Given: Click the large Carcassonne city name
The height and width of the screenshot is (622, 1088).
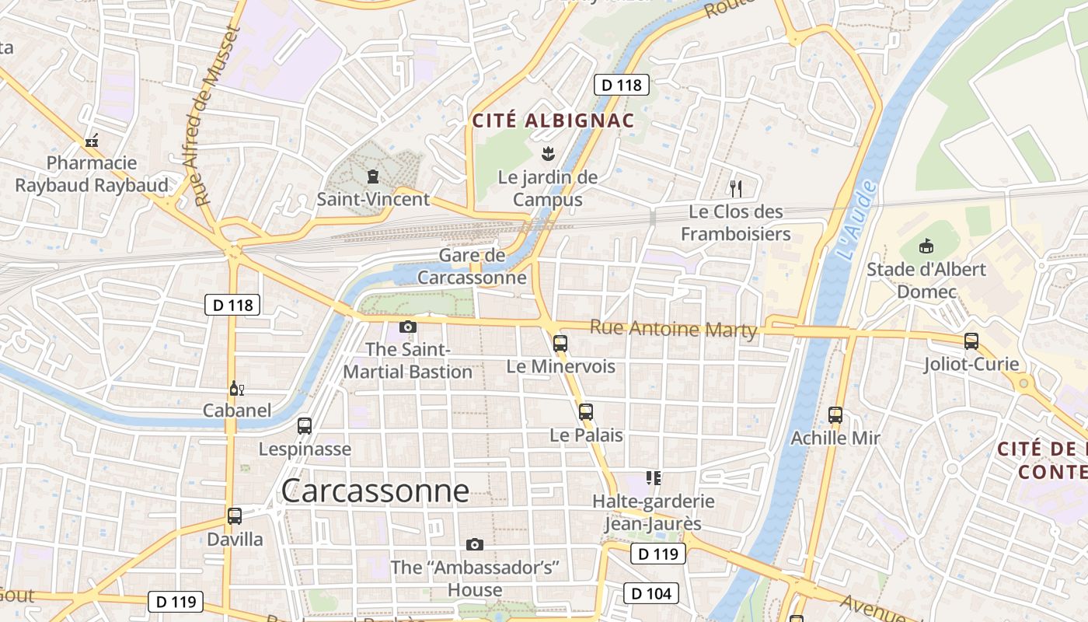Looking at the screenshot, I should pos(375,491).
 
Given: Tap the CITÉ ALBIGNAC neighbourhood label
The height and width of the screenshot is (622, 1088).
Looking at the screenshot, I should pos(553,121).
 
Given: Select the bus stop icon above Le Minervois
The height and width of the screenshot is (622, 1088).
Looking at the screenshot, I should pos(560,343).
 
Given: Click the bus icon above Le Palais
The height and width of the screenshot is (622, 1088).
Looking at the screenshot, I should pos(586,412).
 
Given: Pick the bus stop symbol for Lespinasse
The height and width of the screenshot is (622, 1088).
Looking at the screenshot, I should pos(305,426).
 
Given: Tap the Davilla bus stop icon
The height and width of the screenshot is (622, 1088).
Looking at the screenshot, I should pos(235,515).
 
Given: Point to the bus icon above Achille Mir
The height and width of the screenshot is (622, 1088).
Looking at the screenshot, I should pos(835,415).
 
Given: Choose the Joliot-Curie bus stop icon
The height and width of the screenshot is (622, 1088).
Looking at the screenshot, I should pos(971,341).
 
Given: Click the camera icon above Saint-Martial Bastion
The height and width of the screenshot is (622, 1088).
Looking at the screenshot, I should pos(408,327).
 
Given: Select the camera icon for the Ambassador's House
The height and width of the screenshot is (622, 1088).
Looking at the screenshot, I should pos(475,544).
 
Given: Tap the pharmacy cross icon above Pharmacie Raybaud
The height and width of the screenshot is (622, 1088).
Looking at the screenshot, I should pos(92,141).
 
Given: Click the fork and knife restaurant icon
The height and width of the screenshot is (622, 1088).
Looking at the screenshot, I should pos(736,188).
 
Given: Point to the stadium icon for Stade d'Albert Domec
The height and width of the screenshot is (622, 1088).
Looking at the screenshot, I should pos(926,246).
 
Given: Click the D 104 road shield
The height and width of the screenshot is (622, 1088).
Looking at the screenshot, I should pos(651,594).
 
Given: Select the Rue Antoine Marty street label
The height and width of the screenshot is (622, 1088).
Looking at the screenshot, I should pos(673,329).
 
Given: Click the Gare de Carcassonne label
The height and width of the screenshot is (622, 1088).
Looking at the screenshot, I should pos(472,267).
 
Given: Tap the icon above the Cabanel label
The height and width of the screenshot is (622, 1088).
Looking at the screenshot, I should pos(236,388).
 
